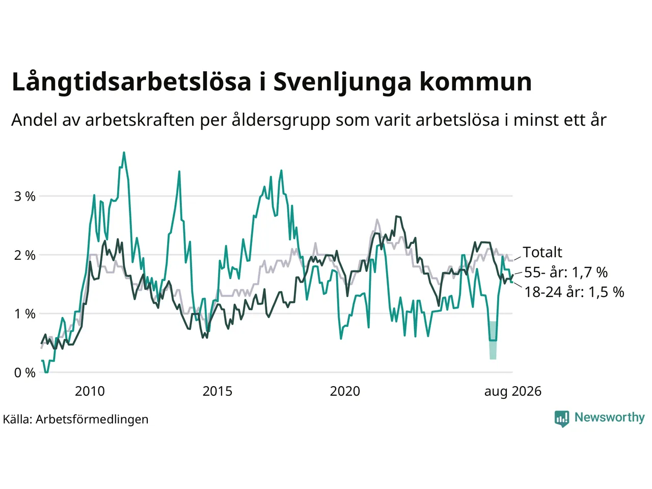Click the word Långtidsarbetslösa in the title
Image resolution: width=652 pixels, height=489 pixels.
pyautogui.click(x=131, y=83)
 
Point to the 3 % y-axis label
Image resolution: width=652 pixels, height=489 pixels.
pyautogui.click(x=24, y=197)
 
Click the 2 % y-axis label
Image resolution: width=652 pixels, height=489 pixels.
pyautogui.click(x=24, y=255)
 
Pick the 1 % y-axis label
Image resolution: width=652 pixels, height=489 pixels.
pyautogui.click(x=24, y=314)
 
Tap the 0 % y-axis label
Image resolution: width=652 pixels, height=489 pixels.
pyautogui.click(x=24, y=373)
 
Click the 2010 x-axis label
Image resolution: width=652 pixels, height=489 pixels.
pyautogui.click(x=90, y=391)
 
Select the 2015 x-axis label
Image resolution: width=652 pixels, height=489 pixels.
pyautogui.click(x=218, y=391)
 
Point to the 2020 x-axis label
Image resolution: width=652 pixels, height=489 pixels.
pyautogui.click(x=345, y=391)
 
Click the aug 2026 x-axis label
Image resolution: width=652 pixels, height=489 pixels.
pyautogui.click(x=513, y=392)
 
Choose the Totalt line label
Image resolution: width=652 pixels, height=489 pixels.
pyautogui.click(x=542, y=252)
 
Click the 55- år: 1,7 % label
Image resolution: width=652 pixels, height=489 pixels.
pyautogui.click(x=566, y=272)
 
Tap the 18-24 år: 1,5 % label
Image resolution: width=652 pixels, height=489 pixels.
pyautogui.click(x=575, y=292)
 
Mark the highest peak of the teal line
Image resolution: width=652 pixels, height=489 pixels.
pyautogui.click(x=124, y=153)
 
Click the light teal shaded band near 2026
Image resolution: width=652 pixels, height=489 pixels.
pyautogui.click(x=493, y=340)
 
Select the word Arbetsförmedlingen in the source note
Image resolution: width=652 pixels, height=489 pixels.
pyautogui.click(x=92, y=420)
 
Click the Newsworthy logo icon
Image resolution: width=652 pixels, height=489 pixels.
pyautogui.click(x=562, y=419)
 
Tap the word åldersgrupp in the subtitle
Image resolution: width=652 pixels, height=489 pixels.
pyautogui.click(x=281, y=121)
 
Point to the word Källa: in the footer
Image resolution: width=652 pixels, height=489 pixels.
pyautogui.click(x=17, y=419)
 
